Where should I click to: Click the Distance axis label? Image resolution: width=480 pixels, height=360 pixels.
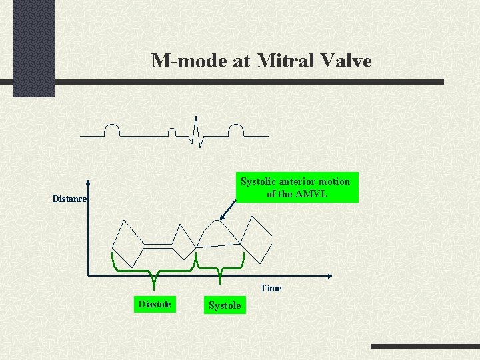(x=69, y=199)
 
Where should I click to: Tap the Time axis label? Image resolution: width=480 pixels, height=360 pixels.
(x=271, y=288)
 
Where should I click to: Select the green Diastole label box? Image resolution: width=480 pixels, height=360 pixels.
(x=154, y=305)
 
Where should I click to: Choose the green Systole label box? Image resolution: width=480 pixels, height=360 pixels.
(x=225, y=305)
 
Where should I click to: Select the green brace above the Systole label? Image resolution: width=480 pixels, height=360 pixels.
(x=219, y=267)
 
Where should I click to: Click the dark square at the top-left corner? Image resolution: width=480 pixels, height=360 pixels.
(x=33, y=48)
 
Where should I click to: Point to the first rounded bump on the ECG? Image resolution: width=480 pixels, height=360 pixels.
(x=111, y=129)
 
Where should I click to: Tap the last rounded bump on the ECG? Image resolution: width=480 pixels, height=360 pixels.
(x=236, y=129)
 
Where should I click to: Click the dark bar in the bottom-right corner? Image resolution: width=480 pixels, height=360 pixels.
(x=425, y=347)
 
